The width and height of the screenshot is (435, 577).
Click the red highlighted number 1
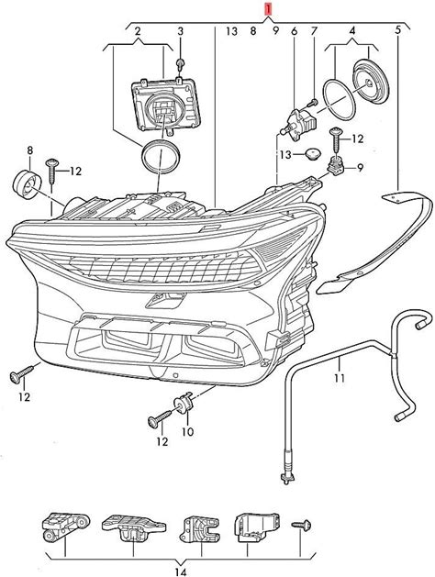270,9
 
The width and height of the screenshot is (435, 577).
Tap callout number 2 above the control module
138,31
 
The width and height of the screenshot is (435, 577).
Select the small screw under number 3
180,65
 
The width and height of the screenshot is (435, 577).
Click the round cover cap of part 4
369,81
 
